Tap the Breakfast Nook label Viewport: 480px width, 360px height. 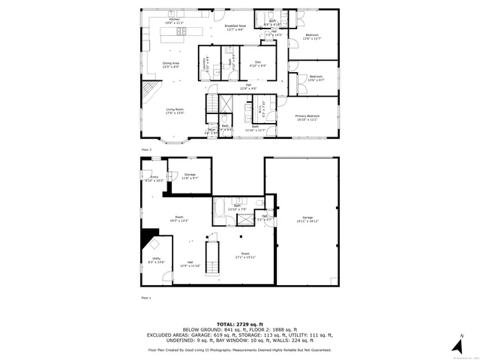tap(235, 28)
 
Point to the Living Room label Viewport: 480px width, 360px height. tap(175, 111)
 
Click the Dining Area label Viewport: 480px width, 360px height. tap(170, 64)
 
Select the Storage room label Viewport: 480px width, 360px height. tap(188, 176)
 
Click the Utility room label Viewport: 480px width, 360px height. tap(156, 260)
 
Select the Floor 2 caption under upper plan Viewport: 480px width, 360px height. tap(145, 150)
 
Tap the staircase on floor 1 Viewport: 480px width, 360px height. tap(213, 258)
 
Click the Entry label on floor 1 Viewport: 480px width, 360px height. tap(153, 178)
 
